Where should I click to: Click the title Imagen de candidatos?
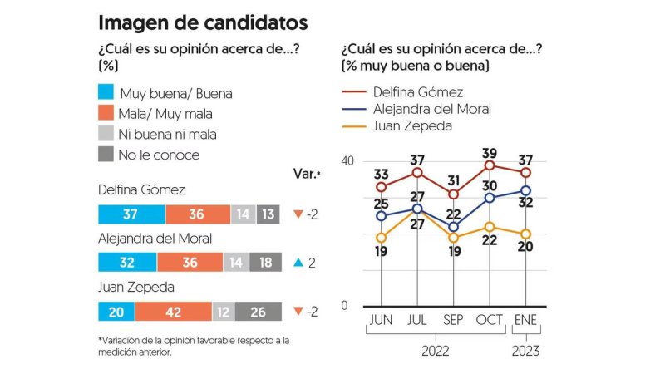click(x=203, y=22)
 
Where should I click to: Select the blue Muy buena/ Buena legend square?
click(x=106, y=93)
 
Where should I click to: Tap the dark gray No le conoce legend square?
click(x=106, y=154)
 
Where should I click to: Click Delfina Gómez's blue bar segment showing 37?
click(x=131, y=214)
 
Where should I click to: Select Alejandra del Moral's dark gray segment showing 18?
click(x=265, y=263)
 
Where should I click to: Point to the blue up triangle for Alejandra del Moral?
click(x=297, y=263)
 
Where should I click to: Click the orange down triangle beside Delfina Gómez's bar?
click(x=297, y=214)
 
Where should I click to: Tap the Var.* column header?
click(x=306, y=175)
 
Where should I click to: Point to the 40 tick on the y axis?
click(x=348, y=160)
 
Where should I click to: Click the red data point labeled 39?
click(x=490, y=165)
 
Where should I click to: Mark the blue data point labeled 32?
click(x=525, y=190)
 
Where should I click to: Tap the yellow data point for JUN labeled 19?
click(x=381, y=237)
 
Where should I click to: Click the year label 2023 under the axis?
click(x=525, y=351)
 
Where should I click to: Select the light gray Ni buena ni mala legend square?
click(x=106, y=133)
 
